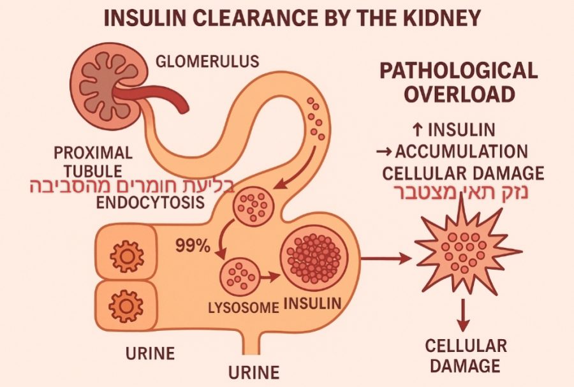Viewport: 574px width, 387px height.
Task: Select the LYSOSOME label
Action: click(x=244, y=307)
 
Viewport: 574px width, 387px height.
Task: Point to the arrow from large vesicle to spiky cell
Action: click(x=385, y=259)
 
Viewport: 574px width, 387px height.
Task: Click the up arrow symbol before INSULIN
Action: click(x=417, y=130)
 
